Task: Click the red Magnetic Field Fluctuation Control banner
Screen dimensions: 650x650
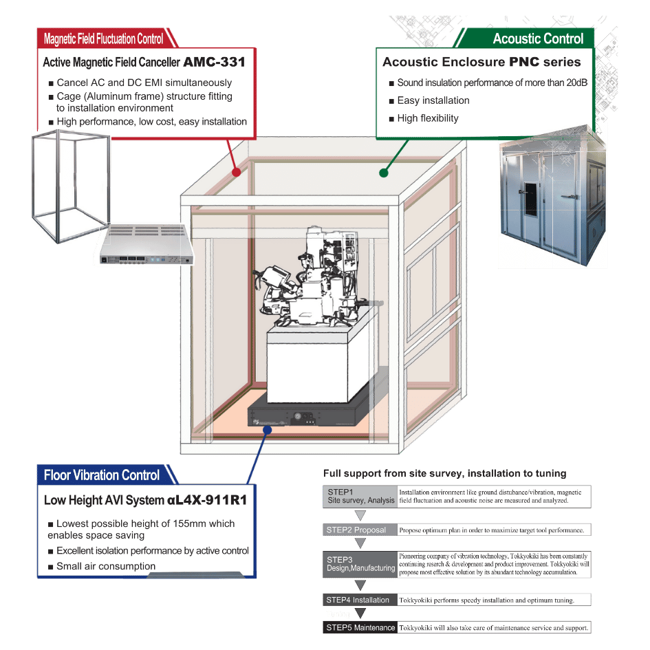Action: click(x=104, y=39)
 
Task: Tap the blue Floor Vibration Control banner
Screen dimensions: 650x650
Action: click(x=102, y=475)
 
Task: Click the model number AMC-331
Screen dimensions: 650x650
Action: click(x=214, y=62)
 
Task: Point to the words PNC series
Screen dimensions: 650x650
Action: click(x=545, y=62)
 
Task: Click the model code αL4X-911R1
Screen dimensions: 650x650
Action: click(x=206, y=500)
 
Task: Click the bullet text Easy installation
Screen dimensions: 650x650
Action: click(x=433, y=100)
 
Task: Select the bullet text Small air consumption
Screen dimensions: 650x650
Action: click(x=106, y=566)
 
